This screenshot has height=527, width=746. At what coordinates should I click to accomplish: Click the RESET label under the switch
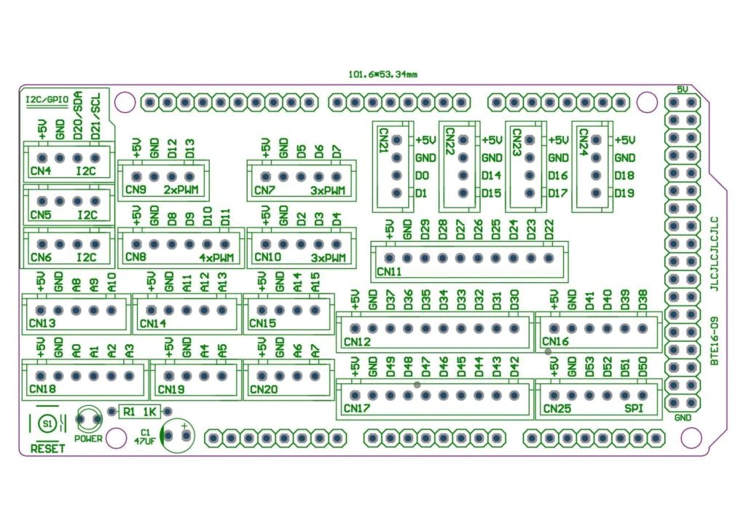tap(48, 448)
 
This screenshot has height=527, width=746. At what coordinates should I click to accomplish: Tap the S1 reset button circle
tap(48, 423)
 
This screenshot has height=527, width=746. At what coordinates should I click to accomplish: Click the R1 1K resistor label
tap(140, 412)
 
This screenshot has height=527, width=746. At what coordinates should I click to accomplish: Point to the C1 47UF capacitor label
tap(142, 436)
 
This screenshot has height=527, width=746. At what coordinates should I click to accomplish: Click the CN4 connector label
tap(41, 172)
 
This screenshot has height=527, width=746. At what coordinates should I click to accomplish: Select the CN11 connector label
tap(389, 272)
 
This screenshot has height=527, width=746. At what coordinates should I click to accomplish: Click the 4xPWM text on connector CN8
tap(216, 257)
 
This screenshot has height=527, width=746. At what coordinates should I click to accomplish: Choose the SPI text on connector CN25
tap(635, 408)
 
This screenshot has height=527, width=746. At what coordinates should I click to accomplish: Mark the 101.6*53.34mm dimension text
tap(382, 74)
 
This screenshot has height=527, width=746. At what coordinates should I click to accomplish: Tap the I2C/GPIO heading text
tap(47, 98)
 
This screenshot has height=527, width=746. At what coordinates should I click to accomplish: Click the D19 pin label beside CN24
tap(625, 193)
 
